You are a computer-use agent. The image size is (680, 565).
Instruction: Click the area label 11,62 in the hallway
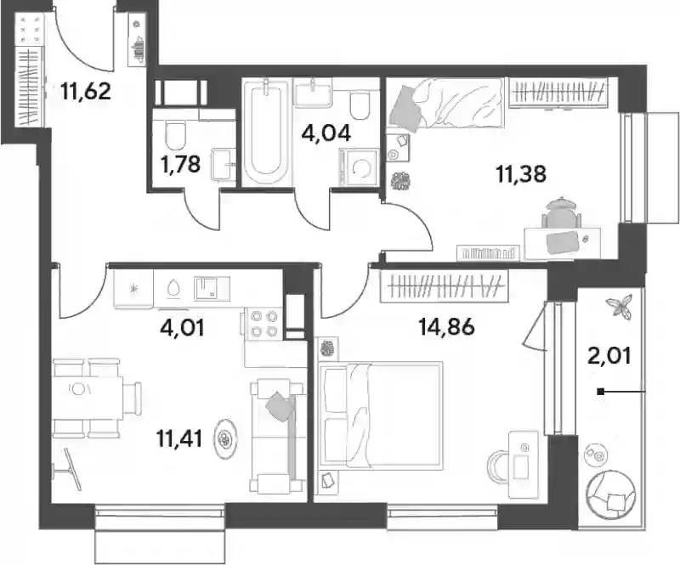tap(86, 92)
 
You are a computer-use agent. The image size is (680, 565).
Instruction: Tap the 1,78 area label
tap(180, 164)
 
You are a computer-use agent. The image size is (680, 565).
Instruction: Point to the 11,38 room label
tap(521, 174)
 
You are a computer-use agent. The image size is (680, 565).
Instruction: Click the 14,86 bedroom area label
tap(447, 326)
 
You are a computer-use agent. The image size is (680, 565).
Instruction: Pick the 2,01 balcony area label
tap(609, 357)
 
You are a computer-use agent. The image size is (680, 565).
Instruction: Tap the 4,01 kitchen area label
tap(182, 328)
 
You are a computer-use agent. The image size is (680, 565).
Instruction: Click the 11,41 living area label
tap(179, 439)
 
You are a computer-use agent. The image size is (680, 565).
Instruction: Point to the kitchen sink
tap(212, 289)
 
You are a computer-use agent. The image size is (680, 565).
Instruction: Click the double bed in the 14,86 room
tap(380, 415)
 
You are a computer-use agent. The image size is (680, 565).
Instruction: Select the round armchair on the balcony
tap(611, 495)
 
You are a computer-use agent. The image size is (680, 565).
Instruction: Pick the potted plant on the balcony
tap(619, 306)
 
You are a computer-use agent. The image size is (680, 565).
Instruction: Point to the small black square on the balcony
tap(601, 392)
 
